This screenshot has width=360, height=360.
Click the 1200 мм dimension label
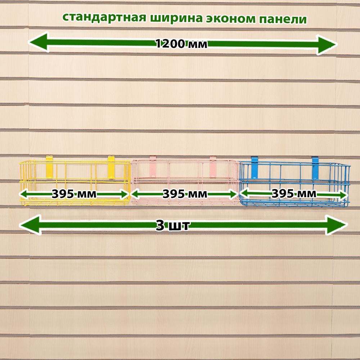tap(181, 44)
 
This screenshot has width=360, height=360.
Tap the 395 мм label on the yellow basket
tap(74, 194)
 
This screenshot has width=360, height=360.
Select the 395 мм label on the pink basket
tap(185, 194)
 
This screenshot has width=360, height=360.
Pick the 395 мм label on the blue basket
tap(294, 194)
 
